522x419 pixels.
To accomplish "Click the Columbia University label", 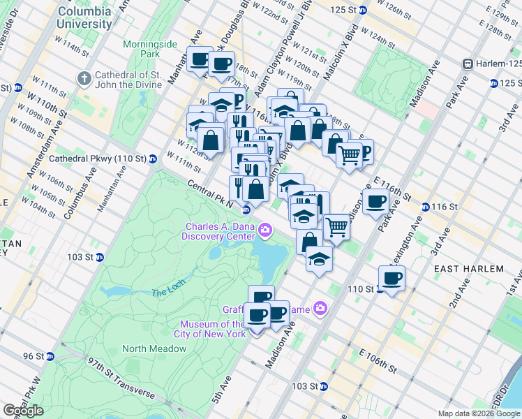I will tap(84, 17).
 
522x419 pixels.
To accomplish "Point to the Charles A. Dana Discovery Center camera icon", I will tap(264, 230).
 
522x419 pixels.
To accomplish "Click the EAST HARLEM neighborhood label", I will tap(468, 269).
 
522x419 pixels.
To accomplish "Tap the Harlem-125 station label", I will tap(497, 64).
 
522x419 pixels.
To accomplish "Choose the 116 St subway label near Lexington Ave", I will tap(444, 207).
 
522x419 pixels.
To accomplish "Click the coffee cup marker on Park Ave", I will tap(375, 202).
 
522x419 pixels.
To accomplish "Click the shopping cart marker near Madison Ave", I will tap(337, 227).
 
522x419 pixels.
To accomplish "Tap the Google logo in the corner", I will tap(23, 411).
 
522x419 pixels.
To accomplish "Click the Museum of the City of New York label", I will tap(213, 329).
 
